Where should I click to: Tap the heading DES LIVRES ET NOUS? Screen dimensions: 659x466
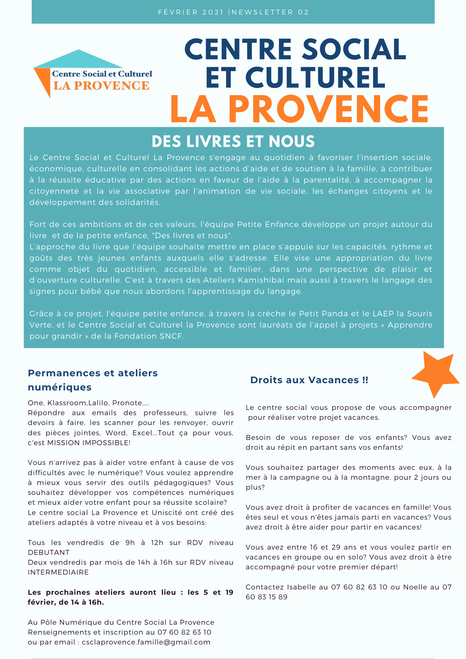233,141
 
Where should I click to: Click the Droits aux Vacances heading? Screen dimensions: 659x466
309,380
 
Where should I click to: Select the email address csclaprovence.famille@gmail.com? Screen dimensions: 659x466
146,642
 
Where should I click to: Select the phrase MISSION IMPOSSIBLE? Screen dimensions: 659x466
89,443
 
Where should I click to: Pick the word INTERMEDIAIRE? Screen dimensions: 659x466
58,572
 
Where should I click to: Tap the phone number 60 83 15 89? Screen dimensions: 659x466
267,597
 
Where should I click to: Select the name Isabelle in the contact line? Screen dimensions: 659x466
301,587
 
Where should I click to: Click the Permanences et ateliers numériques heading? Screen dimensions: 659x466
93,380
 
